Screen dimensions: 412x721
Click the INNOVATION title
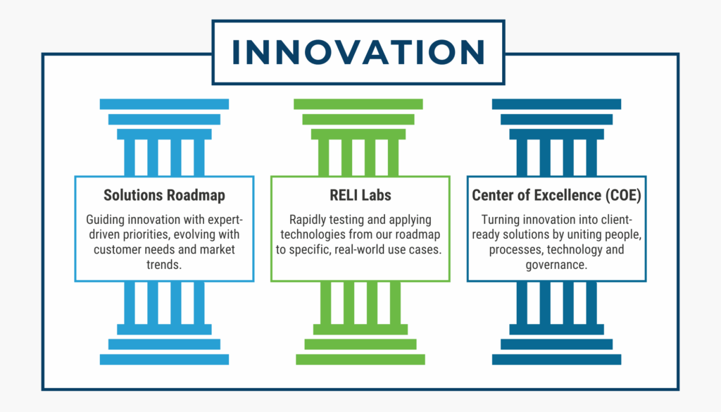point(358,52)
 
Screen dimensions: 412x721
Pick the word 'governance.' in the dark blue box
point(556,264)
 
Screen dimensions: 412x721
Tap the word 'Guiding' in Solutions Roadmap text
point(106,220)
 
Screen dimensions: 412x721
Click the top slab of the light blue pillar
point(164,104)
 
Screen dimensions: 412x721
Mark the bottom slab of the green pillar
point(360,359)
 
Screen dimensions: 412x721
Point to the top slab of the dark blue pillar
point(556,104)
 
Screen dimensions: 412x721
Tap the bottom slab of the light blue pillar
point(164,359)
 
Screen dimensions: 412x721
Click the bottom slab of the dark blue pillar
point(556,359)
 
